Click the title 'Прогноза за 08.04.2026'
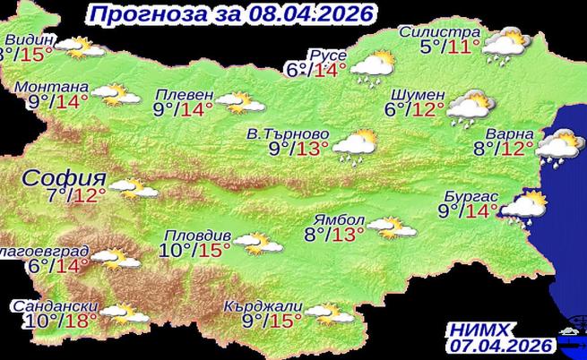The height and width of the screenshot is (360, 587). [x=231, y=13]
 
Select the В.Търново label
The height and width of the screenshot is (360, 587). [x=288, y=133]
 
